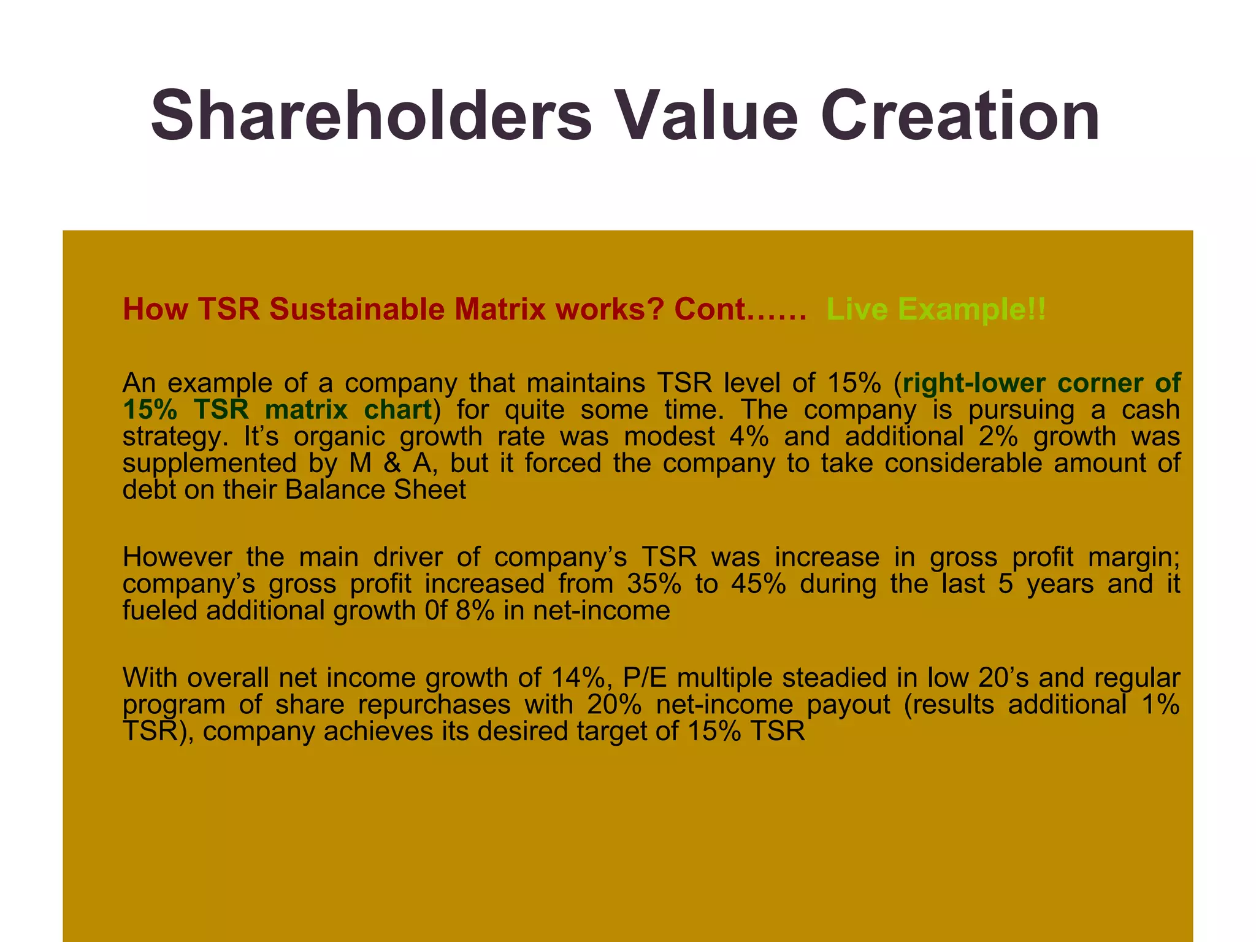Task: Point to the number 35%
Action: click(x=654, y=583)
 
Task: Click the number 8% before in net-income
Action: click(x=474, y=610)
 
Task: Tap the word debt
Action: click(x=146, y=490)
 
